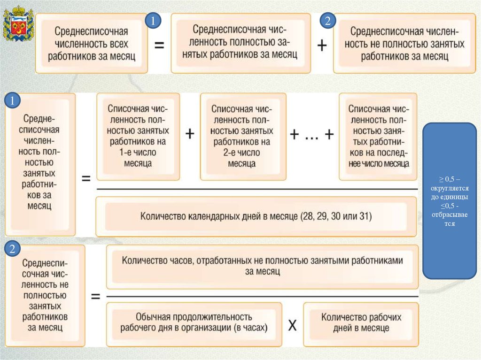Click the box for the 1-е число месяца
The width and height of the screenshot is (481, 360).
coord(138,136)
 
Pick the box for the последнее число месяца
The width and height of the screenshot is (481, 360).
coord(379,136)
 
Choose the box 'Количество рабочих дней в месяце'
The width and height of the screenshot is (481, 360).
coord(361,323)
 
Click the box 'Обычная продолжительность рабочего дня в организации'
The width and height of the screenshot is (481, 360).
coord(194,323)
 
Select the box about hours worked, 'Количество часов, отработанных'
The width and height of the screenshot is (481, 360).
coord(262,266)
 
